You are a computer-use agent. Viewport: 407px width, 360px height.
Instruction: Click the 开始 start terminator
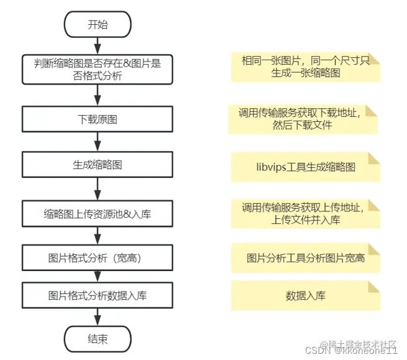[x=98, y=25]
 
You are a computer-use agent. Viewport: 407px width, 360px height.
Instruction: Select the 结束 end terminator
[x=98, y=339]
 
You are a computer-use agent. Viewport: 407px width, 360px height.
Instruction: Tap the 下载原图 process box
[x=98, y=119]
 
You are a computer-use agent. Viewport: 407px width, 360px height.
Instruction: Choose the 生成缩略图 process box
[x=98, y=165]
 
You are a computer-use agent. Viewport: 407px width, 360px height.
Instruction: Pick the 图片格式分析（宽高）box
[x=98, y=257]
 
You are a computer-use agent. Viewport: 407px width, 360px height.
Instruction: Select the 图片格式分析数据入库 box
[x=98, y=295]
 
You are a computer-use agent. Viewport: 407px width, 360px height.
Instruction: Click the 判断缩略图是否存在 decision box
[x=98, y=68]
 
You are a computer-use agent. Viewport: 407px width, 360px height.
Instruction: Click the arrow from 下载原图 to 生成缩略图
[x=98, y=142]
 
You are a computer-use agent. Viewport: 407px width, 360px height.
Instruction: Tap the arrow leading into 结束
[x=98, y=317]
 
